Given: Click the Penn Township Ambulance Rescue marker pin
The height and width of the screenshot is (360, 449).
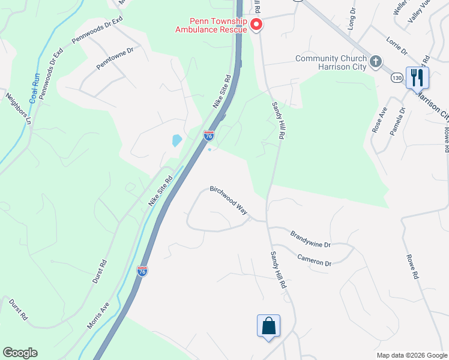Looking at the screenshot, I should click(x=256, y=25).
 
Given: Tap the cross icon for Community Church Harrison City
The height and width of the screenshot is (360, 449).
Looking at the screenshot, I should click(x=376, y=61).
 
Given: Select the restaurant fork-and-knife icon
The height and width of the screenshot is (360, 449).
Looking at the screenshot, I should click(x=416, y=77).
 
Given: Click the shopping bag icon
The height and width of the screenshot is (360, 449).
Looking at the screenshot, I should click(x=268, y=326).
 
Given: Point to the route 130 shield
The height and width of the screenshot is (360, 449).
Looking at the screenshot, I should click(x=396, y=78).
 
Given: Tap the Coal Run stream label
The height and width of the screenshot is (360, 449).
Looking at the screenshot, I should click(x=35, y=87).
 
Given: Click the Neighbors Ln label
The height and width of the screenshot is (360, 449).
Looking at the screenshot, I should click(x=18, y=107).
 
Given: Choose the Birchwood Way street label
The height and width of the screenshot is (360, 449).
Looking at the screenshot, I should click(x=229, y=199).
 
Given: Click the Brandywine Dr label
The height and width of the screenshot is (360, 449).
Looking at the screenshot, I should click(x=310, y=239).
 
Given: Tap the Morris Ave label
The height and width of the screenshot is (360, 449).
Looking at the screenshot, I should click(x=98, y=314).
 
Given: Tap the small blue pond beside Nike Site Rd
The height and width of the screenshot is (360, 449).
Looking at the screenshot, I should click(x=177, y=140).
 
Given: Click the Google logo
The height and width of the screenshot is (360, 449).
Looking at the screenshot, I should click(x=20, y=353).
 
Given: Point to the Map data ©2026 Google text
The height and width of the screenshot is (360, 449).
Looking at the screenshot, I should click(x=411, y=355).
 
